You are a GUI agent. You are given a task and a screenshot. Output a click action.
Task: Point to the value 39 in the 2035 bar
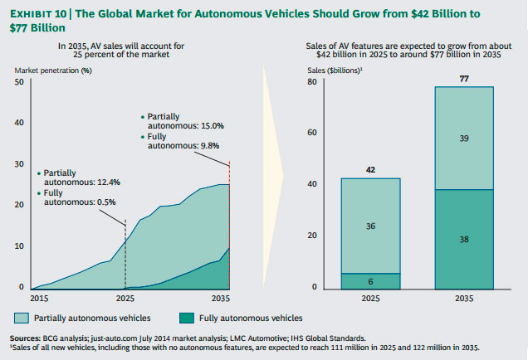465,139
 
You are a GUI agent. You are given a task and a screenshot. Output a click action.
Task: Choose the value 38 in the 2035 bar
465,239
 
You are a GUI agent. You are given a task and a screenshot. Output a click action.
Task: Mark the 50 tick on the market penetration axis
18,82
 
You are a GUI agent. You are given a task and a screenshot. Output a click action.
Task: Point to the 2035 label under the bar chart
465,298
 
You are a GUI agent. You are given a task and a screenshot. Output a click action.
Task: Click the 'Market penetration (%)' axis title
52,70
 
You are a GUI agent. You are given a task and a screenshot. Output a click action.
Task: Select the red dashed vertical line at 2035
228,224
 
